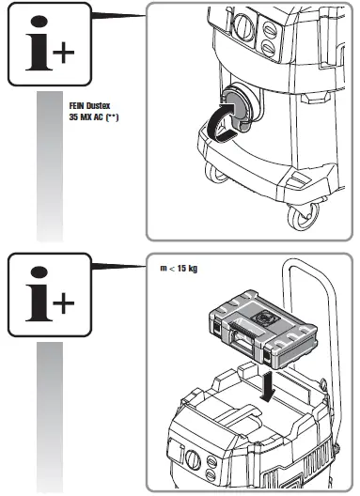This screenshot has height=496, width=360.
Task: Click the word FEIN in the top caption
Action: (x=78, y=106)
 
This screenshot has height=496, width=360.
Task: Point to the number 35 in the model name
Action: (x=75, y=118)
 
